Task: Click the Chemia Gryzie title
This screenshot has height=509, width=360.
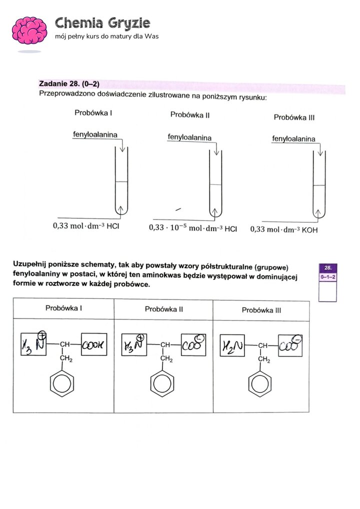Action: (102, 22)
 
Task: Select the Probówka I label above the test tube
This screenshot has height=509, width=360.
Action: (93, 112)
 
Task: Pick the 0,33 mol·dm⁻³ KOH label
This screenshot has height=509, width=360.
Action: (283, 229)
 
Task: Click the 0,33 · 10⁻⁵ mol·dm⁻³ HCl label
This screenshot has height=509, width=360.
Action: (193, 228)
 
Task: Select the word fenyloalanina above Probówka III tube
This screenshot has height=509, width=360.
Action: (293, 138)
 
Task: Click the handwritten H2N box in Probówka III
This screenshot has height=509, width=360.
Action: (234, 344)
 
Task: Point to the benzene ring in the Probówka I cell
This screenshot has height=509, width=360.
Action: (63, 384)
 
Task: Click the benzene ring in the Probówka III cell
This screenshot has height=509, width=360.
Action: (260, 384)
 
